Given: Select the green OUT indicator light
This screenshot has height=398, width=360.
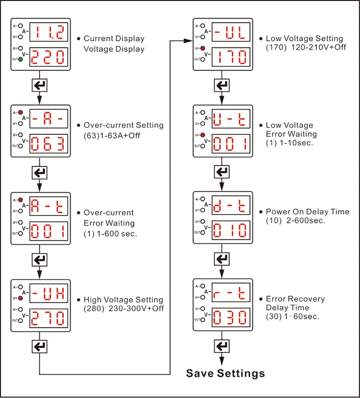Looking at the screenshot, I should (21, 60).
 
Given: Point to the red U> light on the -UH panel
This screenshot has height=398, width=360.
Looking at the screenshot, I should (21, 298).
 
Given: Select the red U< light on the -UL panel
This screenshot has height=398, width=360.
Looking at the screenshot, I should (203, 48).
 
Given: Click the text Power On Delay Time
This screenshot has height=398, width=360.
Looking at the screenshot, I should (307, 212).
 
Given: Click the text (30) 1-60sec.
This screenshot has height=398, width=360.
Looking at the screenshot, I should (293, 316).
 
